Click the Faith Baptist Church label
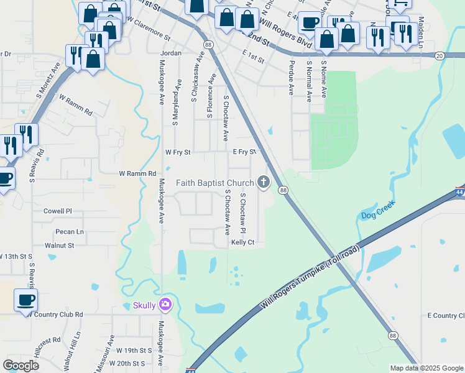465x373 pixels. [x=215, y=183]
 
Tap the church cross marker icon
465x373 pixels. [x=264, y=182]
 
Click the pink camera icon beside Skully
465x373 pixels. [x=165, y=305]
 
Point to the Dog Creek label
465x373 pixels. [x=377, y=215]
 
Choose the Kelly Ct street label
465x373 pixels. [x=243, y=242]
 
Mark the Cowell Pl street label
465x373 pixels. [x=58, y=211]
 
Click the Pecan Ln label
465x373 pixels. [x=69, y=231]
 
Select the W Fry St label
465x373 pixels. [x=178, y=152]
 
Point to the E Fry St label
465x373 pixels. [x=245, y=152]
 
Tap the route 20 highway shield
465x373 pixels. [x=440, y=56]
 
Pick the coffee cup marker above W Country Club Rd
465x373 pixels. [x=25, y=300]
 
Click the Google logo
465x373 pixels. [x=21, y=365]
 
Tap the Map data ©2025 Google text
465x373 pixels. [x=425, y=368]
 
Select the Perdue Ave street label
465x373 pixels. [x=290, y=78]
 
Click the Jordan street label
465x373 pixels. [x=171, y=53]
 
